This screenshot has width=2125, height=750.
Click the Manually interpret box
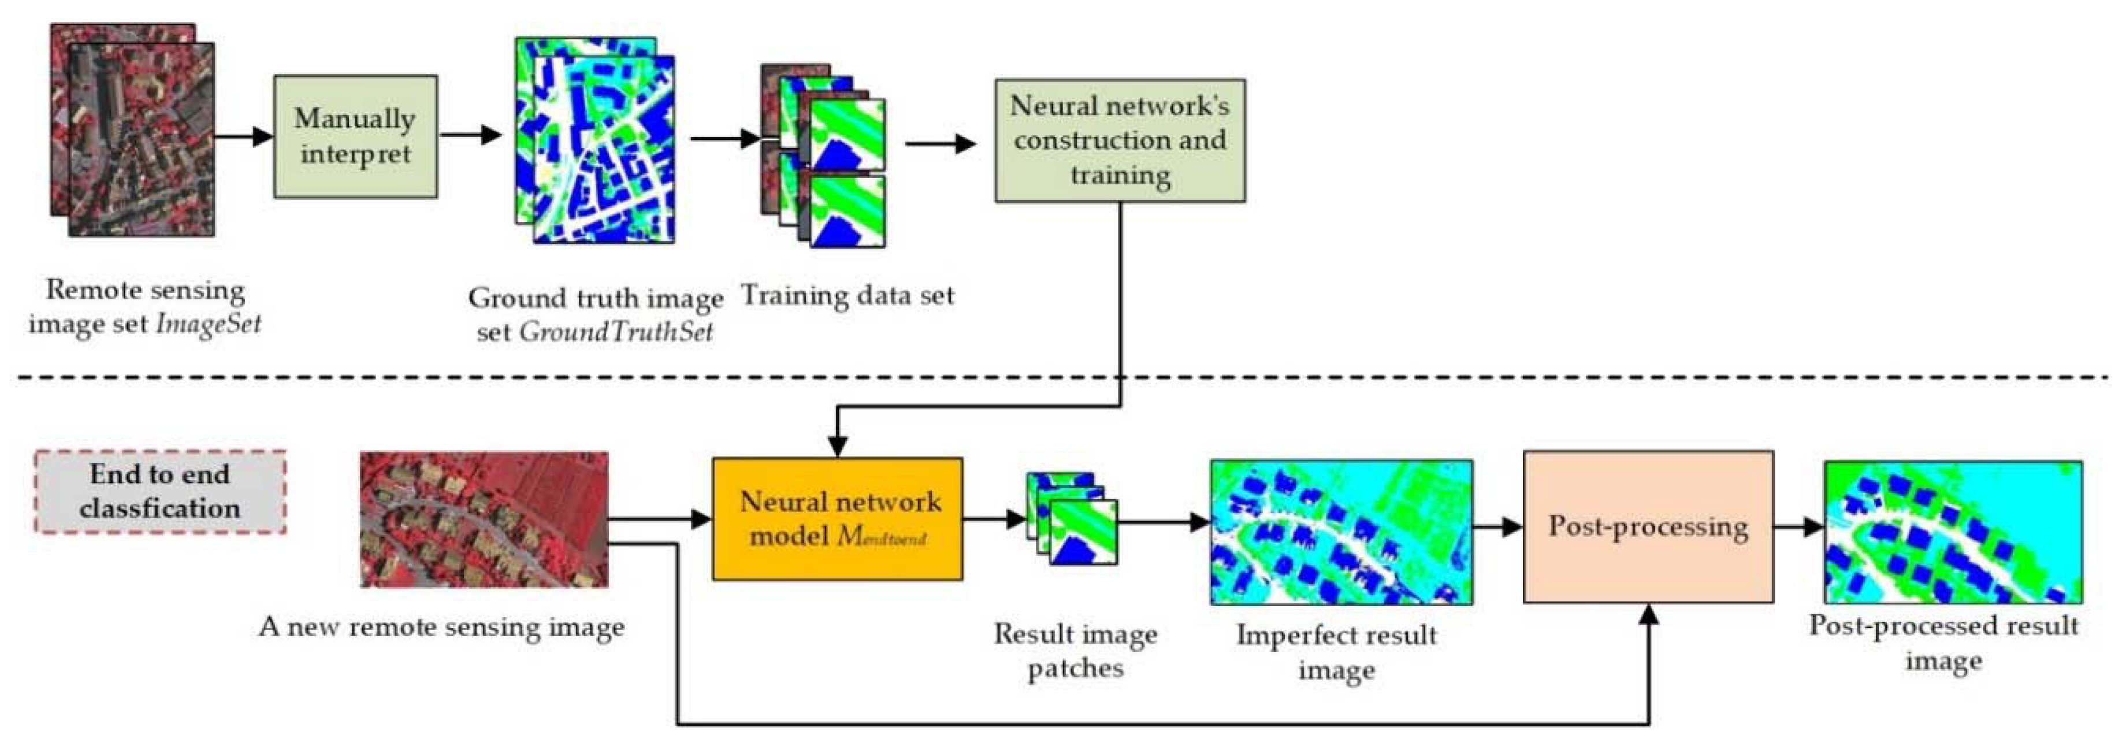click(x=355, y=136)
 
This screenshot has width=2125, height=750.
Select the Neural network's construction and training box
click(x=1120, y=140)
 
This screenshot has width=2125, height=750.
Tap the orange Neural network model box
click(x=837, y=519)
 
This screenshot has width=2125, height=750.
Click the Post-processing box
click(x=1647, y=526)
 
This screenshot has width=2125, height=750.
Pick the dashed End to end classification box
click(x=160, y=492)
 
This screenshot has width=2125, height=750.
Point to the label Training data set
click(x=847, y=295)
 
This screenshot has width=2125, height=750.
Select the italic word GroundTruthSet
click(x=616, y=332)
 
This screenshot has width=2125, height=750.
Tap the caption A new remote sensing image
click(x=441, y=627)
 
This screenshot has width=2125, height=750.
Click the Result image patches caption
click(x=1075, y=651)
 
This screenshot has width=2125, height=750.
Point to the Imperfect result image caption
click(x=1336, y=652)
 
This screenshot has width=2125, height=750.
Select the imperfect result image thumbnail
click(x=1342, y=532)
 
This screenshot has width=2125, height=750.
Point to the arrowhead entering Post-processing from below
click(x=1648, y=615)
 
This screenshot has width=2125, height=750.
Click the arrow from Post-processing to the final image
click(x=1799, y=526)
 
